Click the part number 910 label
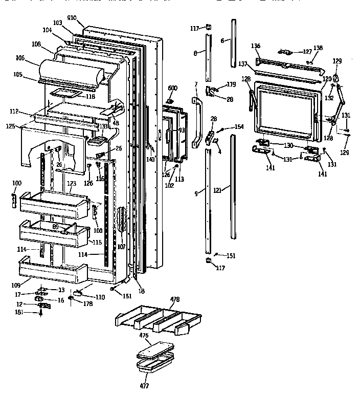click(x=71, y=18)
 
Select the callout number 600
click(x=173, y=88)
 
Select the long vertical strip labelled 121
click(x=234, y=187)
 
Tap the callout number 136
click(x=255, y=46)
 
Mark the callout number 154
click(x=239, y=126)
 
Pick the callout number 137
click(x=243, y=64)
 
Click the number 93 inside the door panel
click(x=181, y=129)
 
